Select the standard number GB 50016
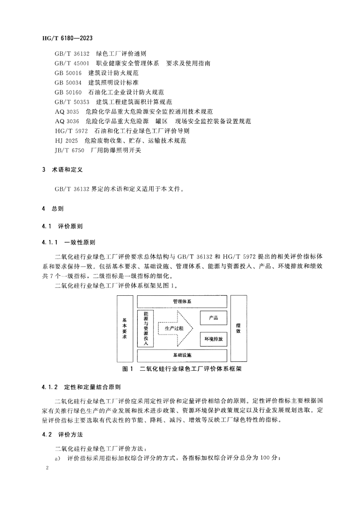(68, 73)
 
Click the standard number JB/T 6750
(69, 150)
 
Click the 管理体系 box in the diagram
(182, 302)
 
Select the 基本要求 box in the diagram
(124, 329)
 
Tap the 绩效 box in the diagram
(239, 329)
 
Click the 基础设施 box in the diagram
(182, 355)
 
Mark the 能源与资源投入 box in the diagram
(146, 329)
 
